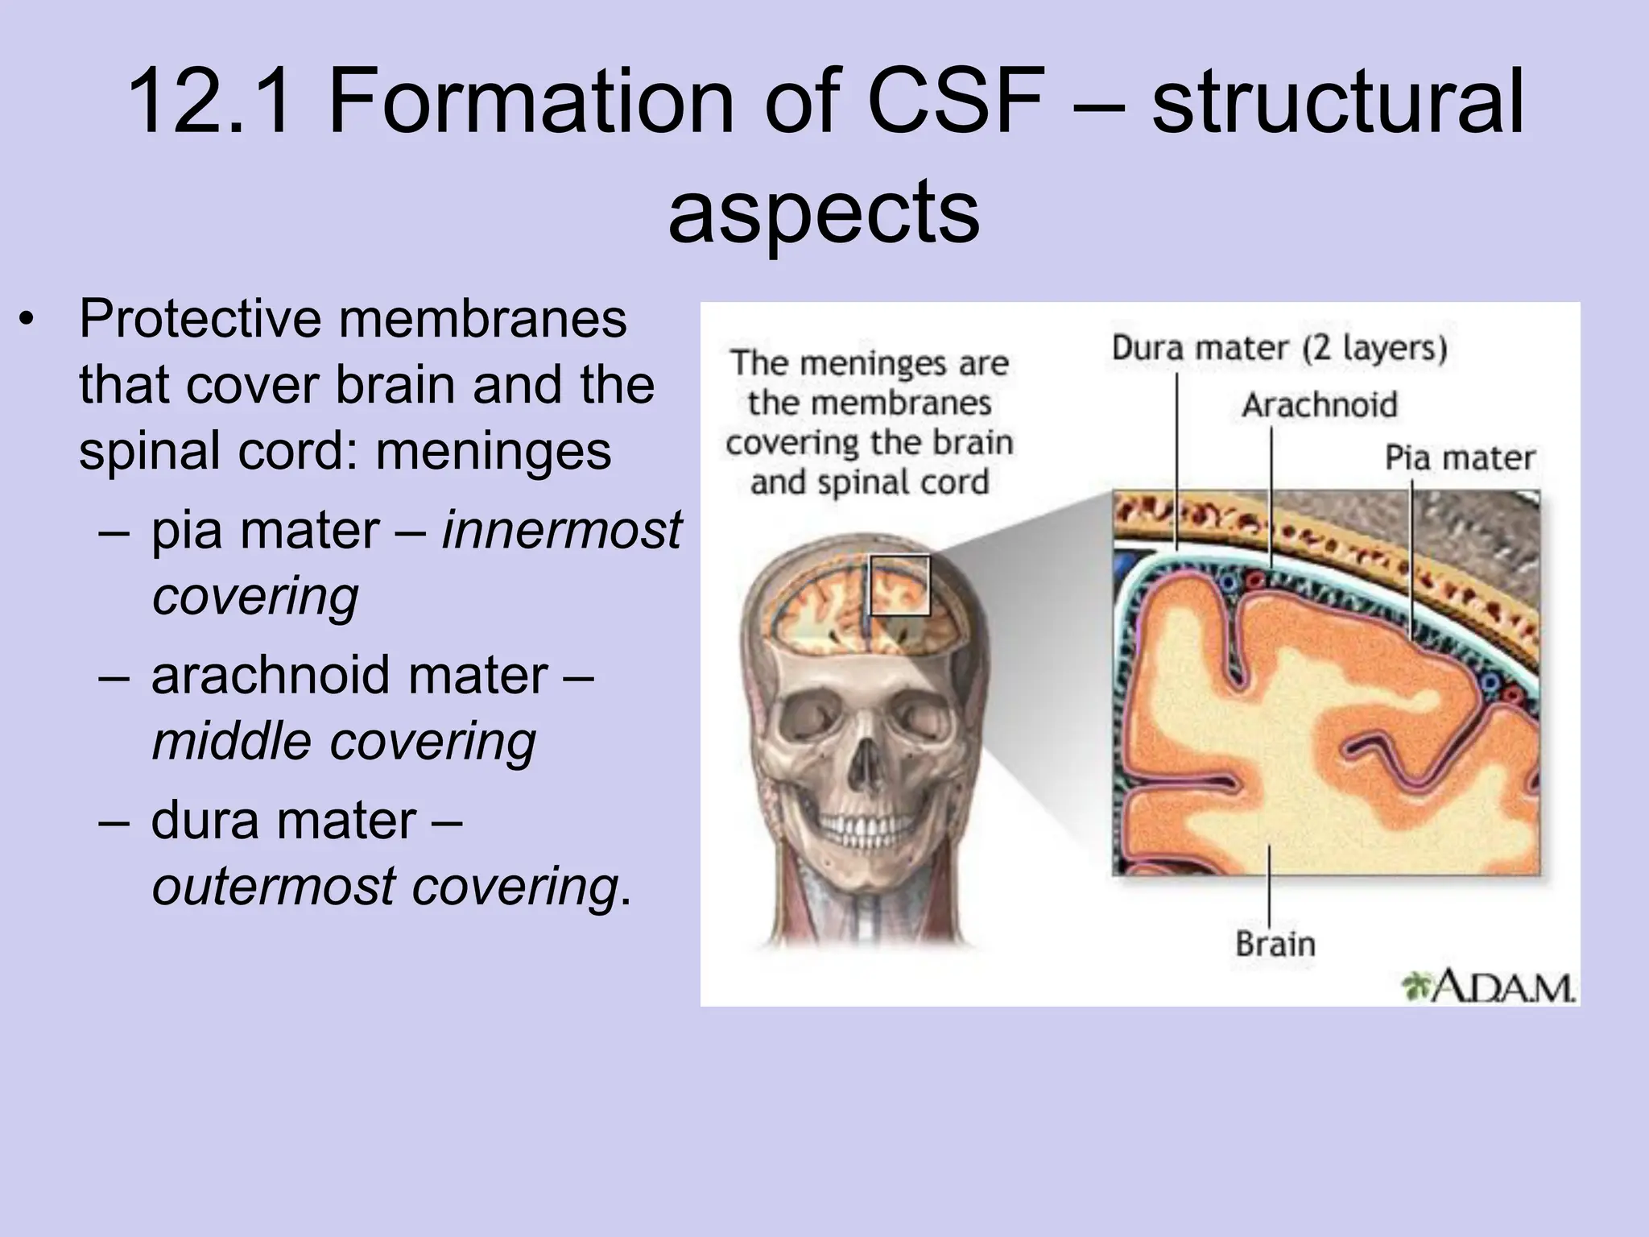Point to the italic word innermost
561,530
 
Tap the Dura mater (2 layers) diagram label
1279,349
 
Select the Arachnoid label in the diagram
1319,405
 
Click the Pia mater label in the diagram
1459,458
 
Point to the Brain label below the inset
1275,943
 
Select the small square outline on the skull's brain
900,585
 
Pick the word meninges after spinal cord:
493,451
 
